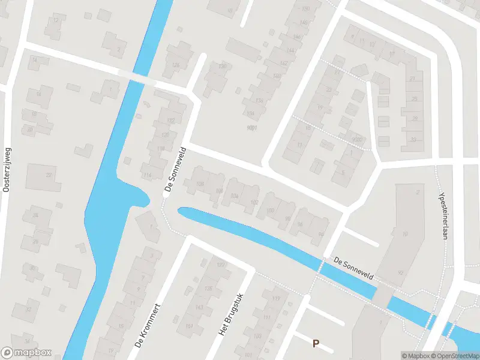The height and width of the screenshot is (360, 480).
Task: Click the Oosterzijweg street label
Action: pyautogui.click(x=7, y=170)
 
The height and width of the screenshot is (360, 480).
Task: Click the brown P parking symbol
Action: pyautogui.click(x=316, y=343)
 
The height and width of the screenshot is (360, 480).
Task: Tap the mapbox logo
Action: pyautogui.click(x=26, y=353)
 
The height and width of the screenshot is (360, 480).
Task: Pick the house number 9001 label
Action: pyautogui.click(x=252, y=128)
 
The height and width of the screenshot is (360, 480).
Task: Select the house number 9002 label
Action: pyautogui.click(x=358, y=139)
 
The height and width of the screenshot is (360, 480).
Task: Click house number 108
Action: pyautogui.click(x=200, y=184)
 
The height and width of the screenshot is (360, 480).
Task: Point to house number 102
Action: pyautogui.click(x=254, y=202)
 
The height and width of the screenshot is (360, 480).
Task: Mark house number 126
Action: pyautogui.click(x=176, y=65)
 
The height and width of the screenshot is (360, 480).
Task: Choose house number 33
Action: pyautogui.click(x=413, y=140)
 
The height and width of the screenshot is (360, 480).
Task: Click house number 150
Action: pyautogui.click(x=306, y=8)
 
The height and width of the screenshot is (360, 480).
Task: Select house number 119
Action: pyautogui.click(x=277, y=298)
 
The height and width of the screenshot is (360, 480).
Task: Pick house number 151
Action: pyautogui.click(x=190, y=326)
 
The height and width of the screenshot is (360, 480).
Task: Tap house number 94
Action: pyautogui.click(x=300, y=224)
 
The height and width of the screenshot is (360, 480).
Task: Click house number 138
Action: pyautogui.click(x=259, y=100)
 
